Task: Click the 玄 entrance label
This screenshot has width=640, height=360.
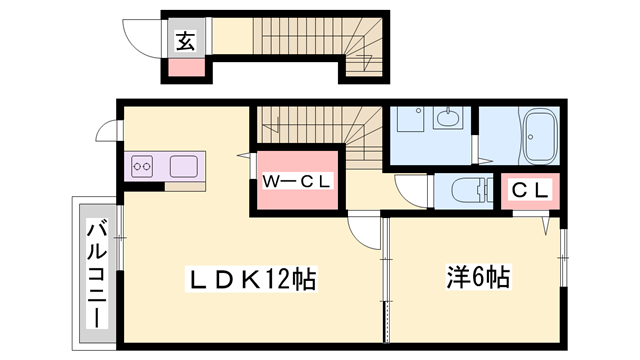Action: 186,41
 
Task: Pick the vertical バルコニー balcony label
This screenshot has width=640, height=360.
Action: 96,271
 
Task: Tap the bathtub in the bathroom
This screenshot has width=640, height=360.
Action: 541,138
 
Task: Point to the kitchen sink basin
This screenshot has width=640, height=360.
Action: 186,165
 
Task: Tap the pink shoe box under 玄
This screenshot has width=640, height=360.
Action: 185,69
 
